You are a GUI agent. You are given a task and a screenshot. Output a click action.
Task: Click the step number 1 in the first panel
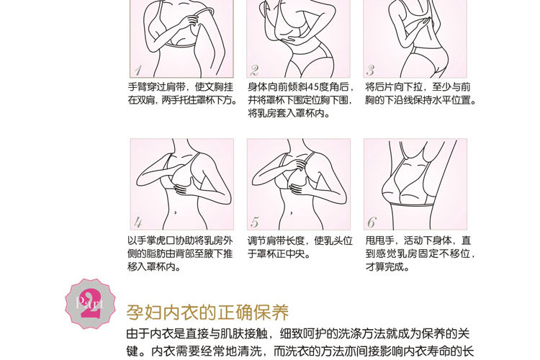[x=138, y=71]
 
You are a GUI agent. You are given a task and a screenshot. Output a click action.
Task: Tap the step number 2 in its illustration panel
[x=254, y=71]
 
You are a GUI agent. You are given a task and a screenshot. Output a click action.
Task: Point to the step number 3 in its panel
[x=371, y=71]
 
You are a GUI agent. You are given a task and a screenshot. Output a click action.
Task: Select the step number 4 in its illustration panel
[x=138, y=222]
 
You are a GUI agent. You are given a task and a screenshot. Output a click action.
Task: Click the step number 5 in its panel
[x=255, y=222]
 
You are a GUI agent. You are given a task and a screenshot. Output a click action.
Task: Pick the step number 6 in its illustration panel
[x=372, y=222]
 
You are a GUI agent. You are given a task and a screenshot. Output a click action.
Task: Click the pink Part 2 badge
[x=91, y=304]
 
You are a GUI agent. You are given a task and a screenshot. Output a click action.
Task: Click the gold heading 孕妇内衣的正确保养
[x=207, y=312]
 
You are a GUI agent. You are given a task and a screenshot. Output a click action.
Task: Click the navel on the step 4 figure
[x=176, y=212]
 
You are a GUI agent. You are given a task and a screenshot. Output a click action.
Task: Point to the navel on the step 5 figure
[x=292, y=212]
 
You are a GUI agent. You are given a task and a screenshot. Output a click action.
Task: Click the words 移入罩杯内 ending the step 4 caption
[x=151, y=266]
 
